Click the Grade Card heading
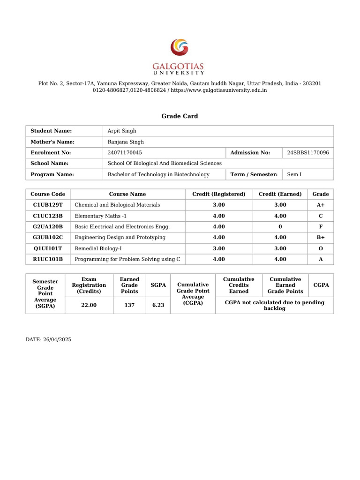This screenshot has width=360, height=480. click(180, 116)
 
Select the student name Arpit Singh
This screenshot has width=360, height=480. click(122, 131)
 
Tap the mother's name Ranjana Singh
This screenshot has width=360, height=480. click(126, 142)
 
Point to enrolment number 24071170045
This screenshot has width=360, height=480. click(125, 152)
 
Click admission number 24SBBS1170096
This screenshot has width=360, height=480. click(307, 152)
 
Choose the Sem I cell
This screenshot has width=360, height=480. click(294, 174)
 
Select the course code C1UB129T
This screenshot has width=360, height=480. click(48, 205)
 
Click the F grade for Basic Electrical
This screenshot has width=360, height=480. click(321, 226)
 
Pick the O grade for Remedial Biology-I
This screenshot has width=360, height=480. click(321, 248)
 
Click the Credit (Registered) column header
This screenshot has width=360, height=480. click(218, 194)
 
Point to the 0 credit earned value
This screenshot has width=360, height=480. click(280, 226)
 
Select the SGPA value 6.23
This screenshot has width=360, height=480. click(158, 305)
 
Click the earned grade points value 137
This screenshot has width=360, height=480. click(129, 305)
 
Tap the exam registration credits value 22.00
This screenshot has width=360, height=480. click(89, 305)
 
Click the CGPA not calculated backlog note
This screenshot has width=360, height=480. click(274, 305)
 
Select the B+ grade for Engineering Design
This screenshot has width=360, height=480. click(321, 238)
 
